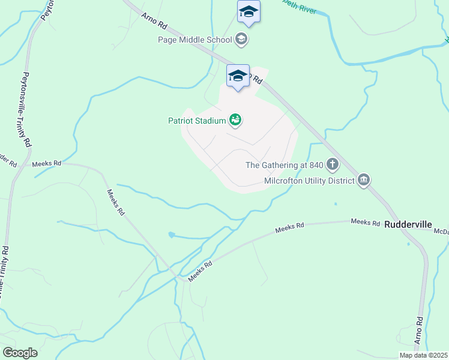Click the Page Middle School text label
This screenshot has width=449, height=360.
(x=194, y=40)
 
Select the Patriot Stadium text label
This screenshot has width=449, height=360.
(x=196, y=121)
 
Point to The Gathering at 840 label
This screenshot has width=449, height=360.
(x=285, y=165)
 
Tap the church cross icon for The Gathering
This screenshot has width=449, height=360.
(x=332, y=165)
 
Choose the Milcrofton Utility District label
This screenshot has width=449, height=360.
(x=310, y=181)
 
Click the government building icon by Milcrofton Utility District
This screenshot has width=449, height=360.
(x=364, y=180)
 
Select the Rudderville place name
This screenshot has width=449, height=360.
(x=408, y=224)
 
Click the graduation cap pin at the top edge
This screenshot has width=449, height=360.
(x=249, y=13)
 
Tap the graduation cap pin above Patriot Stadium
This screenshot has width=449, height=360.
(x=238, y=76)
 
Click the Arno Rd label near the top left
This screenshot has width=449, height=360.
(x=154, y=22)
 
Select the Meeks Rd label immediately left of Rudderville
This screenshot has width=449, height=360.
(x=366, y=223)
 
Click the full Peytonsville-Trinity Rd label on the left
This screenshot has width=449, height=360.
(x=26, y=110)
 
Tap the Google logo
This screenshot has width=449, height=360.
(x=20, y=353)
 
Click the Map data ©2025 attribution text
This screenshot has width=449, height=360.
(x=423, y=355)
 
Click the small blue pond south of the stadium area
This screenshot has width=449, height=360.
(x=172, y=235)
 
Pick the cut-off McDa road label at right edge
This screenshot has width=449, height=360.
(x=441, y=231)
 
